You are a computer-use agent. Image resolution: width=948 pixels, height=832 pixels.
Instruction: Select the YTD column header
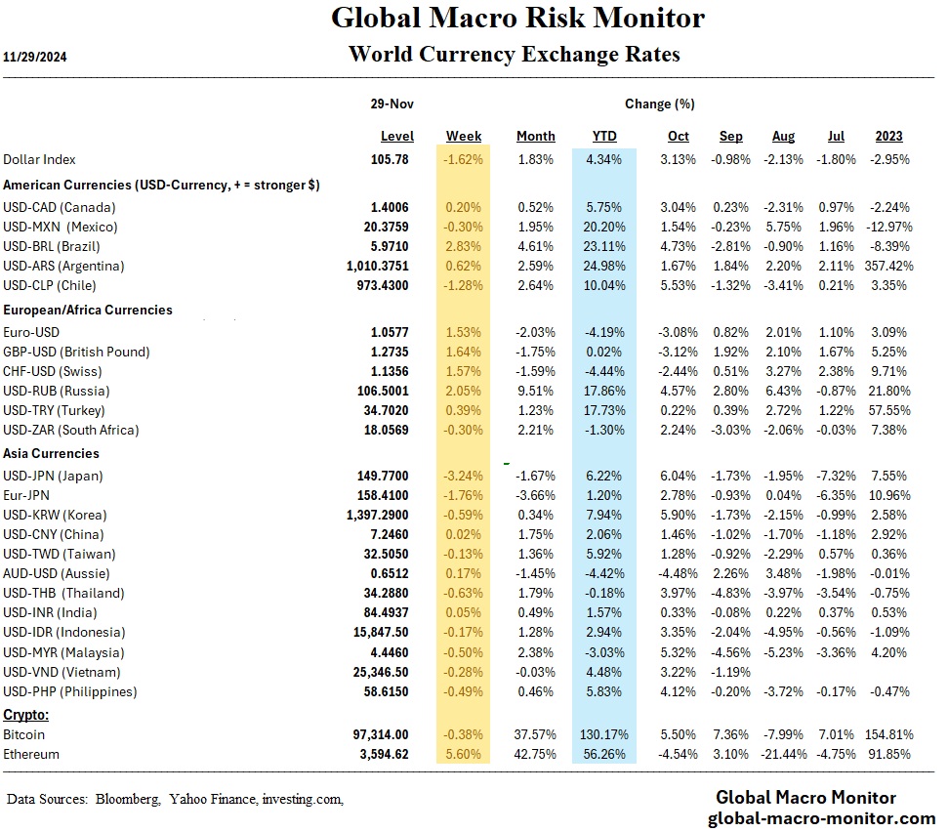point(604,136)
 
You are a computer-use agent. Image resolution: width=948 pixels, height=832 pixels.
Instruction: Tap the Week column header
point(464,136)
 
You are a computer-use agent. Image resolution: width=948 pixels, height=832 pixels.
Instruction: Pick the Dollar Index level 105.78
point(393,159)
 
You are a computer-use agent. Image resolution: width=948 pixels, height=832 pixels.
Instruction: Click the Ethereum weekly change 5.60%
point(464,754)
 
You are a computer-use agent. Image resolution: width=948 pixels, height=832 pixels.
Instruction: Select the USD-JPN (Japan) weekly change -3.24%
point(464,476)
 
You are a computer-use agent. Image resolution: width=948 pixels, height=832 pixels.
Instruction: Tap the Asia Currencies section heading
point(51,453)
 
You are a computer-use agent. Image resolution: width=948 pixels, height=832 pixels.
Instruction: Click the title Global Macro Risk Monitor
point(517,18)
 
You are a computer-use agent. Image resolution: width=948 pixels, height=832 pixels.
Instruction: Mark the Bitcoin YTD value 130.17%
point(604,734)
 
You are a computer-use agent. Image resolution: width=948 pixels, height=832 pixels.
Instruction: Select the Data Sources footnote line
point(176,799)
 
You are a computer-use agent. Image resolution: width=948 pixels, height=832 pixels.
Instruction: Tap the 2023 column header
point(888,136)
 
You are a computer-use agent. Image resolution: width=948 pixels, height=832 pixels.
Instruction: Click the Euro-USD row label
point(32,332)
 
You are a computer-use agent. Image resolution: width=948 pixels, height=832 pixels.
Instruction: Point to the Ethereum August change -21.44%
point(779,754)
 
